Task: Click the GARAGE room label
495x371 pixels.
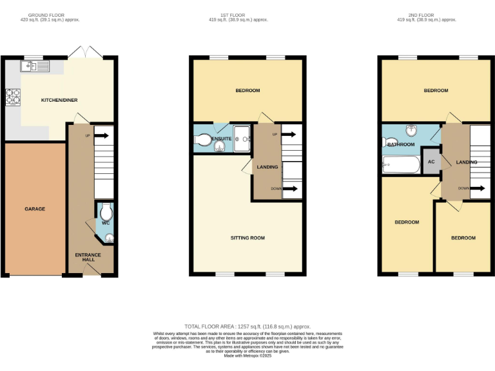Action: click(x=35, y=209)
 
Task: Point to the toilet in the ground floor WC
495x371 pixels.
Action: click(x=106, y=213)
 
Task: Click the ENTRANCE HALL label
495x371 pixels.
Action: click(x=88, y=257)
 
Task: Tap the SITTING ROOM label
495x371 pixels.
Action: click(x=247, y=238)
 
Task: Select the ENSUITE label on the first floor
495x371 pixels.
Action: click(x=222, y=138)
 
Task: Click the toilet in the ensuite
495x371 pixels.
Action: click(x=203, y=138)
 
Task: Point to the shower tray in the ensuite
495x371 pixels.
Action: click(x=243, y=137)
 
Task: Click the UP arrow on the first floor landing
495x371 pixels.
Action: click(x=287, y=135)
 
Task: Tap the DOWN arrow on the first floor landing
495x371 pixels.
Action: click(x=287, y=189)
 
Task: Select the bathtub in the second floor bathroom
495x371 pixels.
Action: click(x=400, y=166)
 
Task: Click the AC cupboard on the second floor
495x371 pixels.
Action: click(x=431, y=162)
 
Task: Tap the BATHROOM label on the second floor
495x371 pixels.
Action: click(x=401, y=144)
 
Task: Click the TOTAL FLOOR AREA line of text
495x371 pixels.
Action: click(x=247, y=327)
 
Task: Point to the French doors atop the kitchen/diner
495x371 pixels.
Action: click(x=85, y=52)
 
